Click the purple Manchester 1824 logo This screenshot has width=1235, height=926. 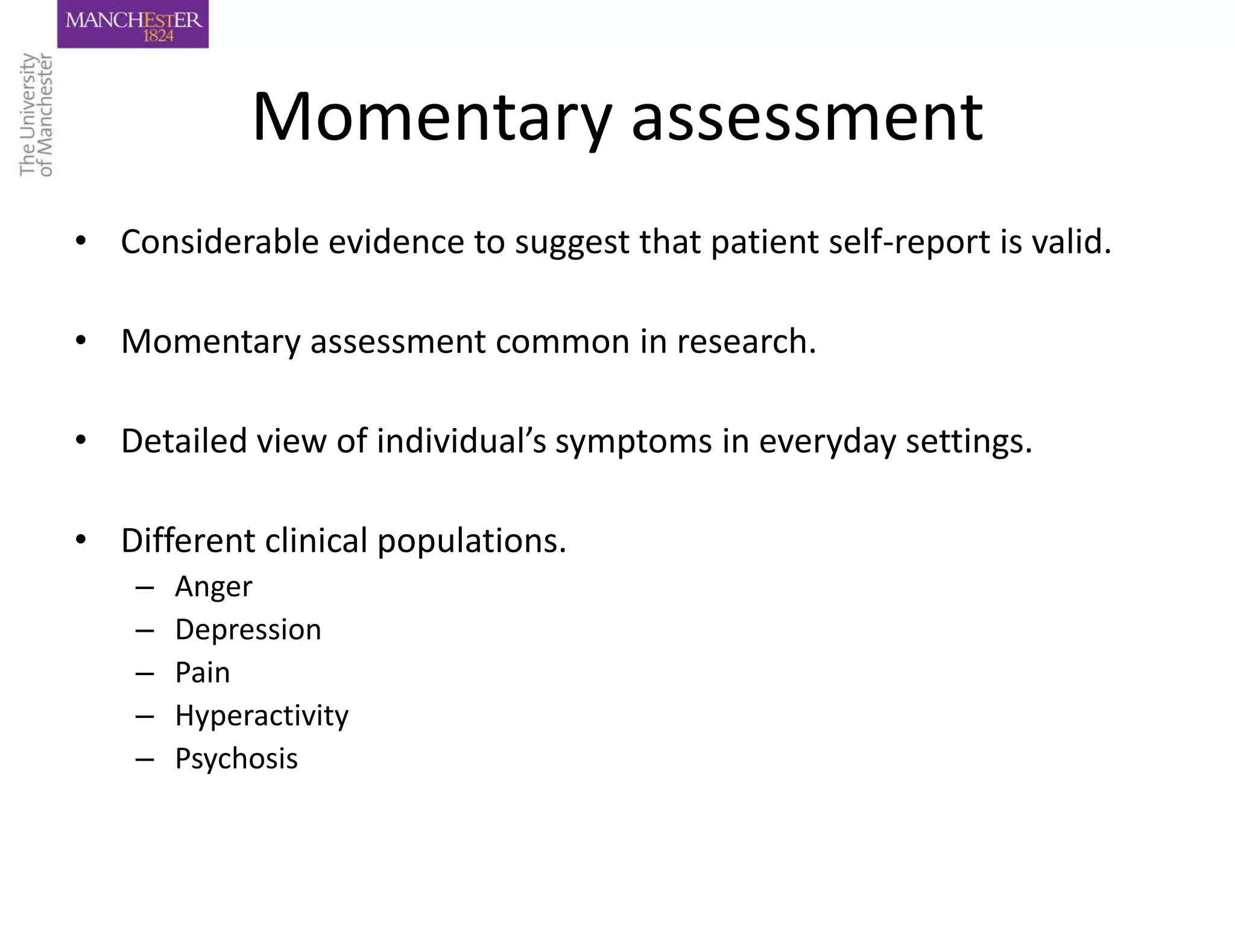tap(133, 24)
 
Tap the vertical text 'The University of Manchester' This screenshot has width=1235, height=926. tap(36, 115)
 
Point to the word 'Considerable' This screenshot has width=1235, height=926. tap(220, 242)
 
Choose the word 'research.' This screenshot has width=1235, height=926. tap(746, 341)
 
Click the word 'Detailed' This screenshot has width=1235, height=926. tap(184, 441)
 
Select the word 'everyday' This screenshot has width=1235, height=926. tap(827, 442)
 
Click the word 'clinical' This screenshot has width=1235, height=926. tap(316, 540)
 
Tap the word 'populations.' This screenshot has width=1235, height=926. tap(472, 541)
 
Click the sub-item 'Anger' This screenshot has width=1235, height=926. tap(213, 587)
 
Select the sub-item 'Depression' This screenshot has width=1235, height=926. tap(248, 630)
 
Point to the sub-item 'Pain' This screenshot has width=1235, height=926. tap(203, 673)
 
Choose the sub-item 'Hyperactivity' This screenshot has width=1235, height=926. tap(262, 716)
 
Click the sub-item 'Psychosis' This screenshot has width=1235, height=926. tap(236, 759)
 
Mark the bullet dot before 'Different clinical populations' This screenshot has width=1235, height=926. tap(81, 540)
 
